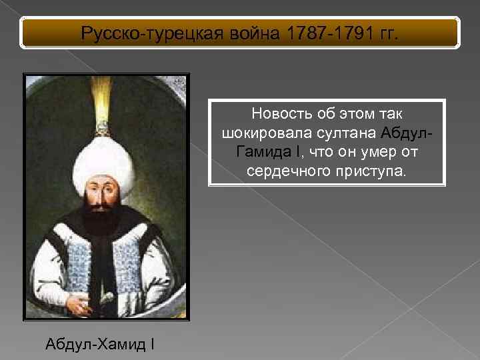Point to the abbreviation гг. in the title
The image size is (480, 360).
pos(385,33)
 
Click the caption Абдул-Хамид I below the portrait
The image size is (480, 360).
pos(100,345)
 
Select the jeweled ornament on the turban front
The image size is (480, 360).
pos(103,127)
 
